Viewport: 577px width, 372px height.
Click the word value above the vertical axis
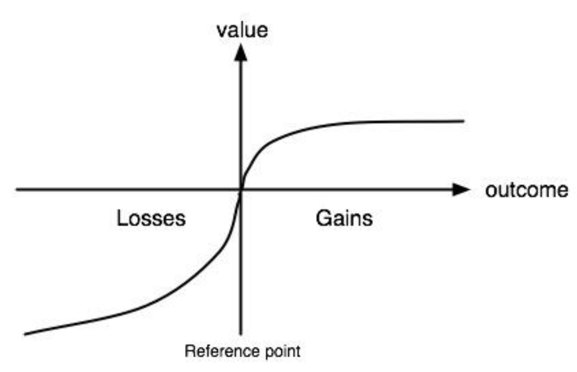[242, 30]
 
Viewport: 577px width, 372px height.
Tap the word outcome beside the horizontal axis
[527, 190]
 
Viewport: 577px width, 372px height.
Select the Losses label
[151, 218]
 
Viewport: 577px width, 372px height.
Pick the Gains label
[344, 218]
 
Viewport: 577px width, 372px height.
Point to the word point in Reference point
[282, 352]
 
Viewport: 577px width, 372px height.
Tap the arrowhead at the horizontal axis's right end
[461, 189]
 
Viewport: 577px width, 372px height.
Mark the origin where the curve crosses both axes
[241, 190]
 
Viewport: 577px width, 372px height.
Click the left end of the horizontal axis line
[16, 189]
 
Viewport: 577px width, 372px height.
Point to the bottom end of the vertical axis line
[241, 334]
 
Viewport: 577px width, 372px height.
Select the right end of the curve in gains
[464, 121]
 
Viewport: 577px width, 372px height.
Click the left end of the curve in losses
[25, 334]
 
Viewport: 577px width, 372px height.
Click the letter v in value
[222, 32]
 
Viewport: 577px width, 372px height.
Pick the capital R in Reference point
[189, 351]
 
